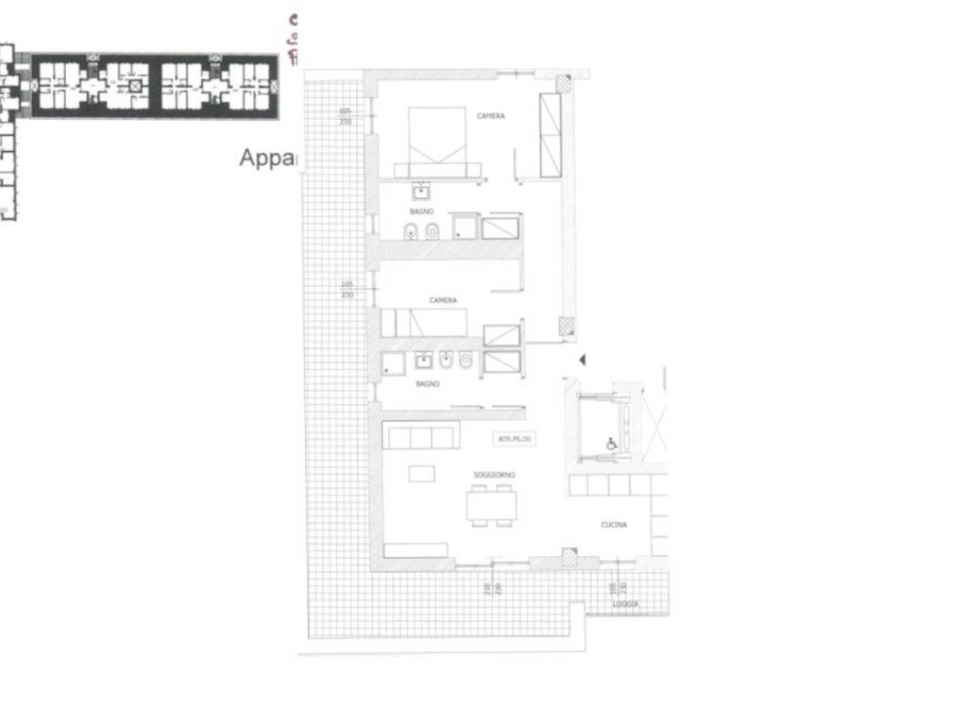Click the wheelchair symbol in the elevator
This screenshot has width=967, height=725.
611,444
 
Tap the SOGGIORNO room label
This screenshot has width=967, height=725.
495,475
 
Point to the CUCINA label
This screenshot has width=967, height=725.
614,525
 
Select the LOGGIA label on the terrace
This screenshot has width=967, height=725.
625,604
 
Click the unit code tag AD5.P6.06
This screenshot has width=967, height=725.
515,439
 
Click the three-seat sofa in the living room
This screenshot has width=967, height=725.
421,436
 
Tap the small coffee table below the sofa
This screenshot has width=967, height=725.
421,474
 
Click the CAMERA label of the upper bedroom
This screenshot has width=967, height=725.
490,116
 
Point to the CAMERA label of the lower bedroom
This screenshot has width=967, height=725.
443,300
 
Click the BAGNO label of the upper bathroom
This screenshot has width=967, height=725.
421,211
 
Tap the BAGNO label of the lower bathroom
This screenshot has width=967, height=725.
427,384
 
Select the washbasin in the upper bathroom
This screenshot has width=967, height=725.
420,192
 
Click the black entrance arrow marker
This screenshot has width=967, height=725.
583,360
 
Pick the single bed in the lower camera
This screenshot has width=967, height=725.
425,323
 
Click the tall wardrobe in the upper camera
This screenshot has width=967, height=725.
550,135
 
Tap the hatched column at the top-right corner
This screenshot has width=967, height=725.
564,83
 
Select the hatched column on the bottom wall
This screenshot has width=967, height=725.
568,557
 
